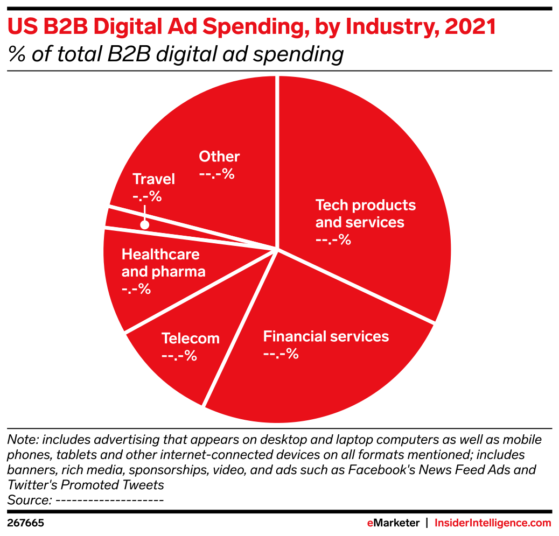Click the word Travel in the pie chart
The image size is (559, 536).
(x=153, y=179)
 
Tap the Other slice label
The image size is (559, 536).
(x=219, y=157)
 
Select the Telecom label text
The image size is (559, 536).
(x=191, y=338)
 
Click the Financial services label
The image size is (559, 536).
(x=326, y=336)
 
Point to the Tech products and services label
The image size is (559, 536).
(x=365, y=214)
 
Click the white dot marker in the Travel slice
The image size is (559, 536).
(x=144, y=225)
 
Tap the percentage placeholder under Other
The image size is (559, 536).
(x=216, y=174)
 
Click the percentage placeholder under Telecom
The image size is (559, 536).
(x=179, y=356)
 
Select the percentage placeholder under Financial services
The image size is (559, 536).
(x=281, y=354)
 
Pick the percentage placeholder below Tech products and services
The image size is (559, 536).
(x=333, y=239)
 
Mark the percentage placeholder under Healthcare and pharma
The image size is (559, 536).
(x=136, y=289)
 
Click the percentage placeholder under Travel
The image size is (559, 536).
(x=147, y=196)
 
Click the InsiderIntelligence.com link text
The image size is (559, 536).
(x=492, y=523)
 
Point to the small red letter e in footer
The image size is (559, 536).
(x=370, y=523)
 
